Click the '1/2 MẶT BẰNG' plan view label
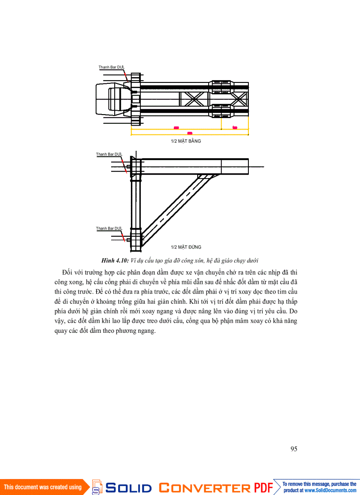[186, 141]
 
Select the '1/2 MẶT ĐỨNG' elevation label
[186, 247]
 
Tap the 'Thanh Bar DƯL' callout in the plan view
[111, 67]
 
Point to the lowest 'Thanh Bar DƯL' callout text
[109, 228]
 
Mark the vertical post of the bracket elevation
[135, 203]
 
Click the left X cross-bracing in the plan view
[191, 98]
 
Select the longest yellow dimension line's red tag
[190, 133]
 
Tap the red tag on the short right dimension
[235, 127]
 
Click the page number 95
[294, 449]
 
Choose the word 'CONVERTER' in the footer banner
[204, 488]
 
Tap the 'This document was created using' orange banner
[43, 487]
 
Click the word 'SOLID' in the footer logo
[129, 488]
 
